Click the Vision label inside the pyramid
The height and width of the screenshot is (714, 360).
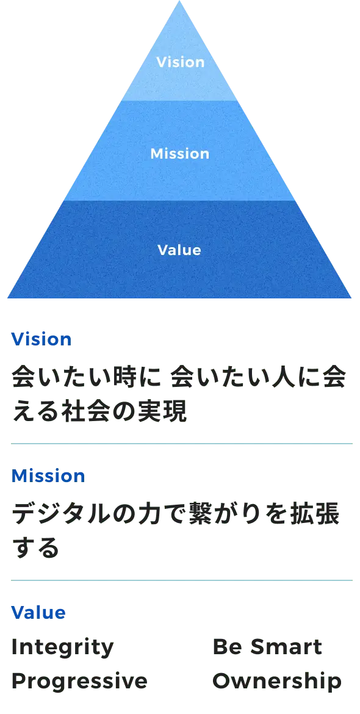[180, 62]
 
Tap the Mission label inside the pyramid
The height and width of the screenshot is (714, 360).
[180, 153]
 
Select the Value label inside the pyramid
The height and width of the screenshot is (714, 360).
[179, 250]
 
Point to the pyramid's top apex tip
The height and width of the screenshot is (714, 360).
[179, 1]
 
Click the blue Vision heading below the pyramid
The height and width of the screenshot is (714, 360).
[41, 339]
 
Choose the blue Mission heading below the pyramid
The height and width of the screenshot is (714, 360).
[48, 476]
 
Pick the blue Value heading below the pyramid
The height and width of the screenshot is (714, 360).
[38, 613]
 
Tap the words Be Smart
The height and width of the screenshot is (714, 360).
[267, 647]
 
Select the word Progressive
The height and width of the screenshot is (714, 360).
[79, 682]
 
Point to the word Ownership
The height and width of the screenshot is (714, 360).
[277, 682]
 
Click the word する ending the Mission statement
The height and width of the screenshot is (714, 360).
[35, 548]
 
